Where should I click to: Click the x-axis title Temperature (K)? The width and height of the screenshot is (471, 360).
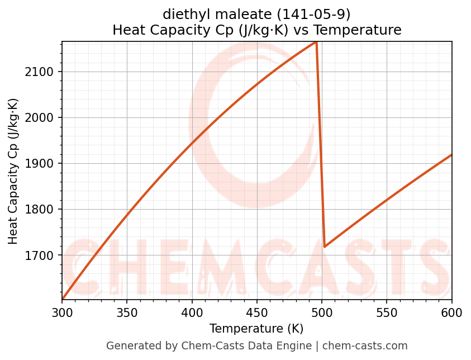point(257,329)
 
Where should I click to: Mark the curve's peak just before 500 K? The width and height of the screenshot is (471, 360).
point(316,42)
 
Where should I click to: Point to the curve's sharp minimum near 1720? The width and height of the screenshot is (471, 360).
point(325,246)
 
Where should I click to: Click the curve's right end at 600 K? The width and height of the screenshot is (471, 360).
point(451,155)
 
